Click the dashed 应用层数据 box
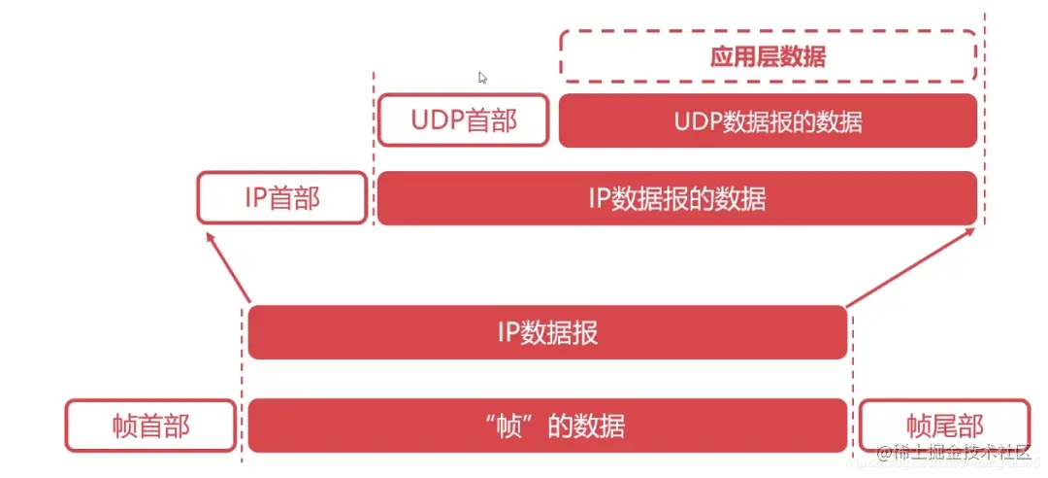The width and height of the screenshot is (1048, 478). tap(768, 55)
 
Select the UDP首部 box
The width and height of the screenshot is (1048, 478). tap(463, 120)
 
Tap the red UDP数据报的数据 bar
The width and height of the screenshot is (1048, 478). tap(768, 120)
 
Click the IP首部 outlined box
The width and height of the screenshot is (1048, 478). tap(281, 198)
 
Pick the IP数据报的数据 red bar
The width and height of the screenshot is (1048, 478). tap(676, 198)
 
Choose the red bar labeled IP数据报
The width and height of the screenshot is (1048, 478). tap(547, 332)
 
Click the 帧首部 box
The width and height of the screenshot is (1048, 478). tap(150, 426)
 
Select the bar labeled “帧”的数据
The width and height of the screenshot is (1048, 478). tap(547, 426)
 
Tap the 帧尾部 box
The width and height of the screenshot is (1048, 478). tap(944, 426)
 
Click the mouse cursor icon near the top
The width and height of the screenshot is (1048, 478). tap(482, 78)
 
